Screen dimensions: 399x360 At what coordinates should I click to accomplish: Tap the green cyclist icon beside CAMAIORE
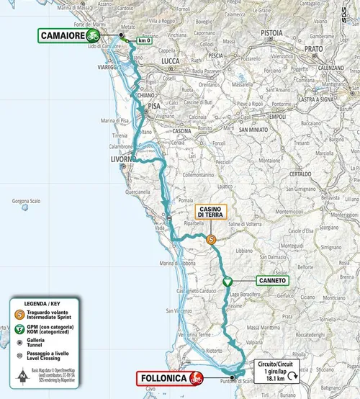click(x=94, y=34)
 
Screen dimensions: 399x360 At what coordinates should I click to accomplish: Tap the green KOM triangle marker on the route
click(x=227, y=282)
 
